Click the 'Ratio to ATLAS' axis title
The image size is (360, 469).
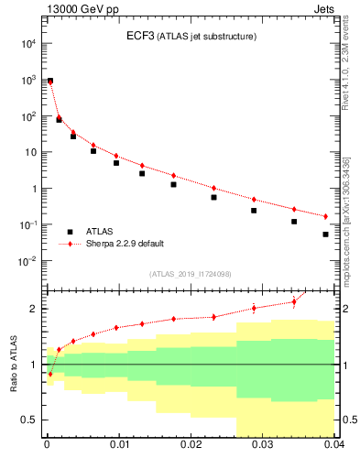pyautogui.click(x=14, y=365)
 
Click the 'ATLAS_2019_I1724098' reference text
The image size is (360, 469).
pyautogui.click(x=191, y=274)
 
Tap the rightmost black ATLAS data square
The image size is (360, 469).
pyautogui.click(x=326, y=234)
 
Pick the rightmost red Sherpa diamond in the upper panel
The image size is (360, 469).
pyautogui.click(x=326, y=216)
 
